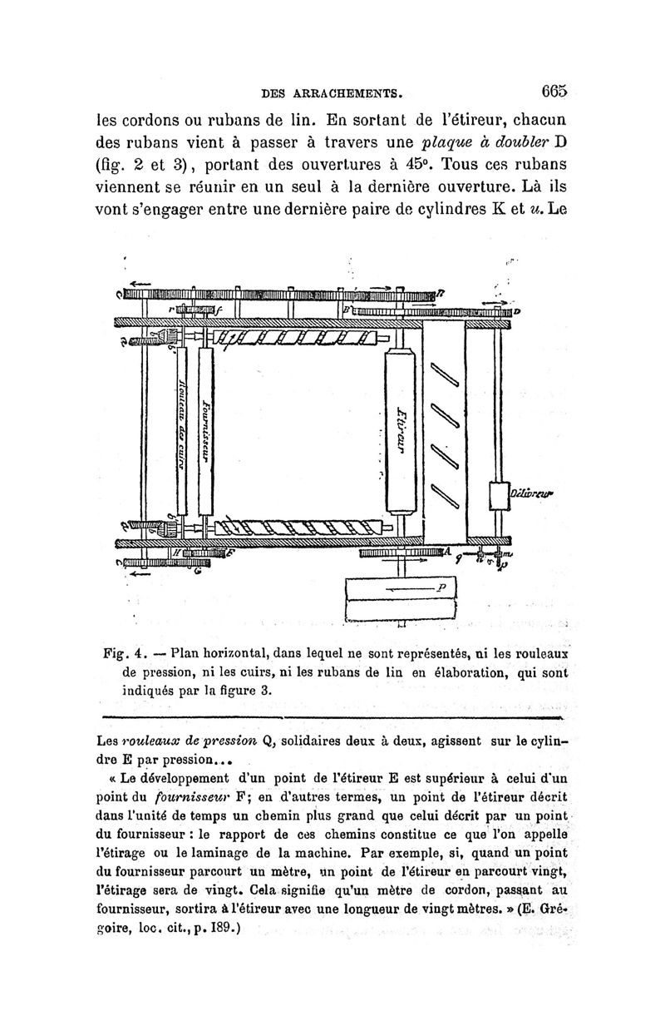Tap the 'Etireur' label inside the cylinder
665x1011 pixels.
pyautogui.click(x=402, y=429)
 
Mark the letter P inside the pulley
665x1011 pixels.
pyautogui.click(x=443, y=586)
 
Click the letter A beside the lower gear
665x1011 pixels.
pyautogui.click(x=447, y=552)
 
